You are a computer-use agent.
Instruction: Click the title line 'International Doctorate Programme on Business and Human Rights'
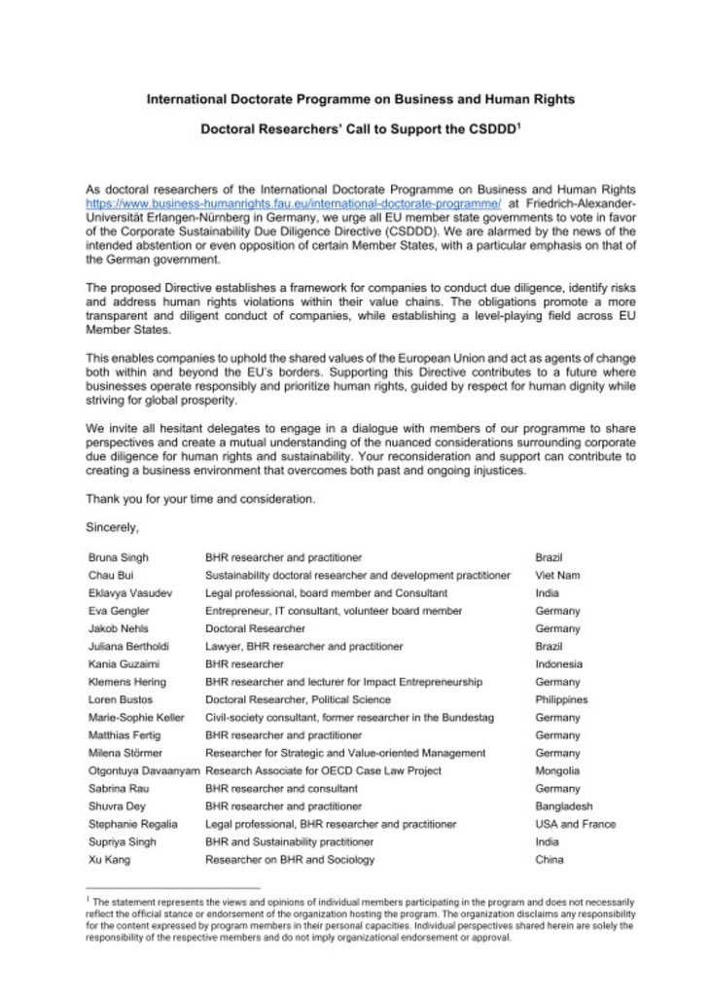coord(354,99)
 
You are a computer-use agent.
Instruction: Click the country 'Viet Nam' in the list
coord(557,575)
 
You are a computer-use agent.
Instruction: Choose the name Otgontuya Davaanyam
coord(142,770)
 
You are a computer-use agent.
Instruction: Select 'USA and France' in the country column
coord(575,824)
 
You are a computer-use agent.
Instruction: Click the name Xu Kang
coord(109,860)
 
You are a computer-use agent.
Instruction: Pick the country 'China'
coord(550,860)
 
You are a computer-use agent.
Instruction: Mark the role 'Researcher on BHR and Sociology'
coord(290,860)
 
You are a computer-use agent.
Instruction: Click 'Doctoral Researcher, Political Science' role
coord(298,699)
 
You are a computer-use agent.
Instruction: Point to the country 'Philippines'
coord(562,699)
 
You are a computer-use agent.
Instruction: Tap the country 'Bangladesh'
coord(563,806)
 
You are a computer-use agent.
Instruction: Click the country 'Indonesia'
coord(559,663)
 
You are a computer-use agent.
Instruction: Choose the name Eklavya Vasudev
coord(126,592)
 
